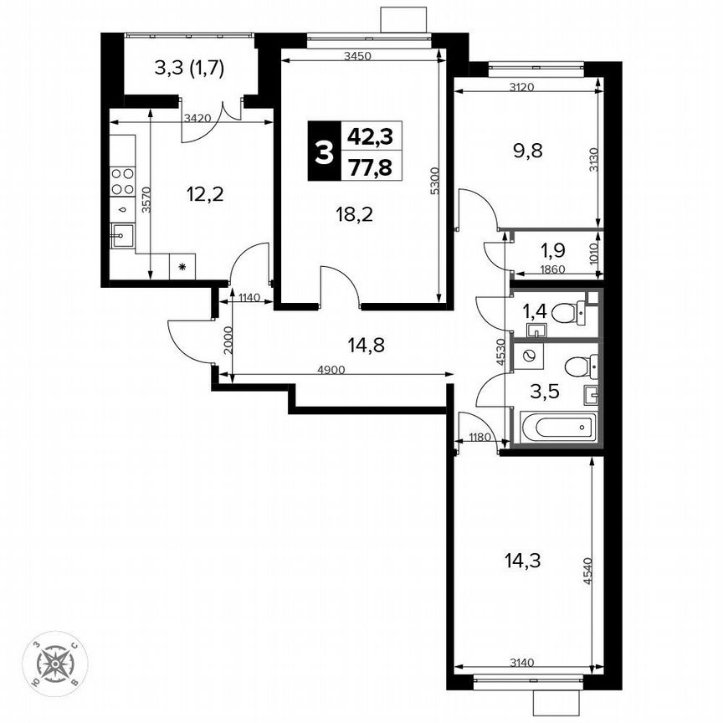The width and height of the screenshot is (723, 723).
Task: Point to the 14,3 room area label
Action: point(524,561)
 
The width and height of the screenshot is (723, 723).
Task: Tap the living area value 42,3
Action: point(371,135)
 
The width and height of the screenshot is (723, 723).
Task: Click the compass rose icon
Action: point(56,665)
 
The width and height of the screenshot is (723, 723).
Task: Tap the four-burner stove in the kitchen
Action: point(123,182)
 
